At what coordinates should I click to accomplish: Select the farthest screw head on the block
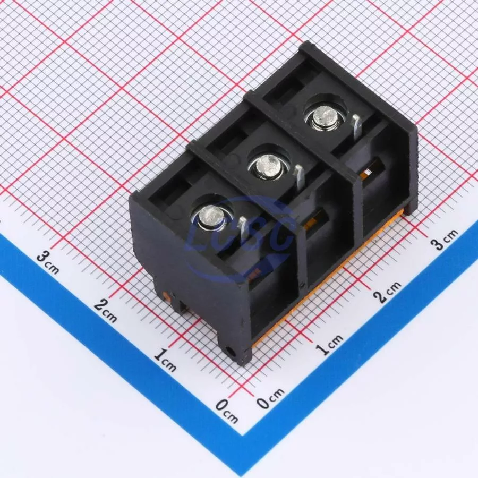click(x=325, y=117)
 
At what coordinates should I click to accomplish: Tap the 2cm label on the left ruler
click(x=106, y=310)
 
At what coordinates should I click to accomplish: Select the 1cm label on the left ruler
click(x=165, y=360)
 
